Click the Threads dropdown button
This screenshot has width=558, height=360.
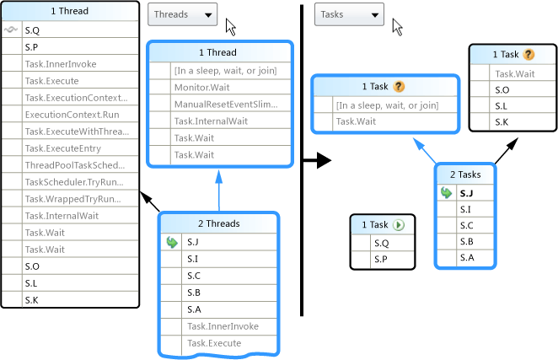click(182, 15)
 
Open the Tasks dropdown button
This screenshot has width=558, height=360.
click(349, 15)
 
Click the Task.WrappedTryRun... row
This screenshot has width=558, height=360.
click(74, 199)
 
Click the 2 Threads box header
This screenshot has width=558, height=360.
click(218, 224)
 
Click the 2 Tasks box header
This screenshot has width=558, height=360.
click(464, 175)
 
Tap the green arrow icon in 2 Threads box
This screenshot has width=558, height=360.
click(172, 242)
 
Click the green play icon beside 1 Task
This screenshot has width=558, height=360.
click(399, 225)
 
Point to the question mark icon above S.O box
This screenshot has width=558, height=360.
click(528, 55)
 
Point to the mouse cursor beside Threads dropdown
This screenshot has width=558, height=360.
click(230, 27)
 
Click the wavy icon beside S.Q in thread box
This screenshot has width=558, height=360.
click(11, 30)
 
